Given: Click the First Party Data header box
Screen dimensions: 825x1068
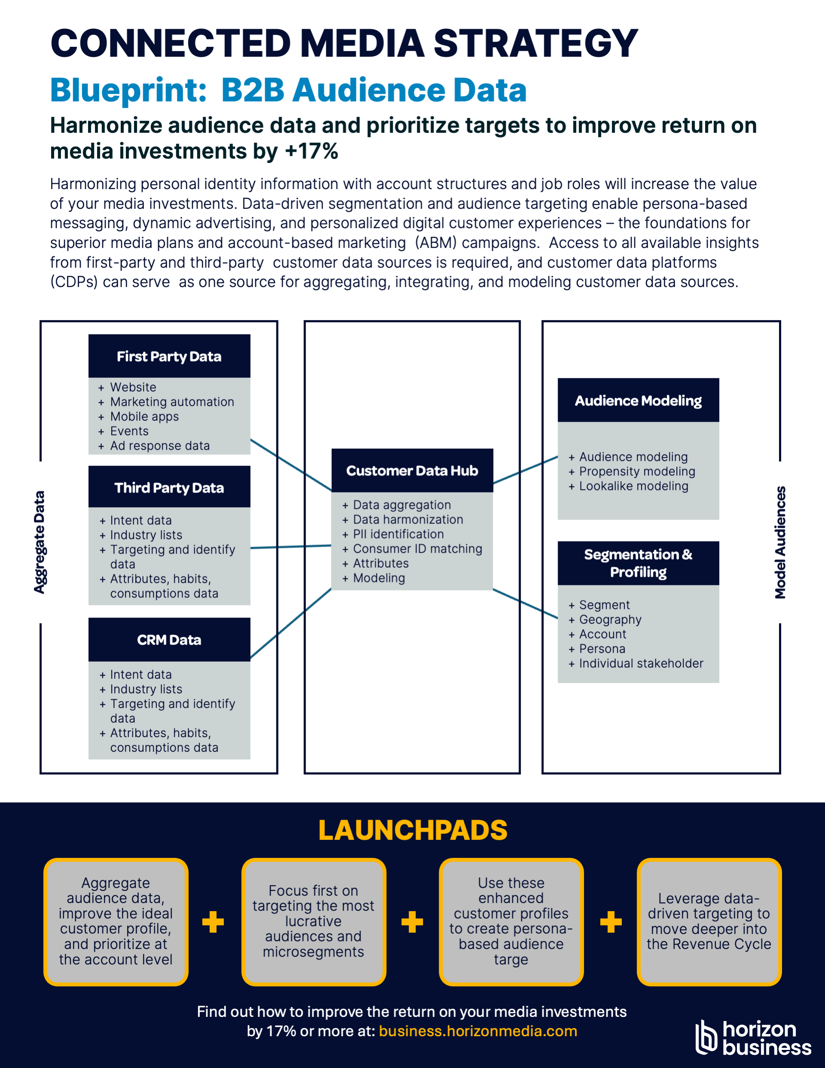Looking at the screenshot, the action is pos(169,356).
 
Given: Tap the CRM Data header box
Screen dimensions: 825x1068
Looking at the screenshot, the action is pos(169,640).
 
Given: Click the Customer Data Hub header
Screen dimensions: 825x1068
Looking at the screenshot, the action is pos(412,471).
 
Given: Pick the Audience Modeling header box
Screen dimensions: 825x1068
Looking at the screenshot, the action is pos(638,400).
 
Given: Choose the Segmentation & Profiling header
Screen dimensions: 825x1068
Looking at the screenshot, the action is pos(638,563).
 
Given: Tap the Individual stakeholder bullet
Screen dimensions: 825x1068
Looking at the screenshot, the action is pos(636,664).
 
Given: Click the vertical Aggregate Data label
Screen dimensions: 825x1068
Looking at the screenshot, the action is pos(40,542).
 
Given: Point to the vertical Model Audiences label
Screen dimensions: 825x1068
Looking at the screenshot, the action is pos(780,542).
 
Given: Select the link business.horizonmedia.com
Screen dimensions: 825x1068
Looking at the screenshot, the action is pos(478,1031).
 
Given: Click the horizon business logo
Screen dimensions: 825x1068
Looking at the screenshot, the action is pos(753,1037).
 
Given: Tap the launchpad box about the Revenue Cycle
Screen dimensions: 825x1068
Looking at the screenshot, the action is pos(709,922).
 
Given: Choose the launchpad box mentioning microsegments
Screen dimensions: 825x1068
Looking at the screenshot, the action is pos(314,922).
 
